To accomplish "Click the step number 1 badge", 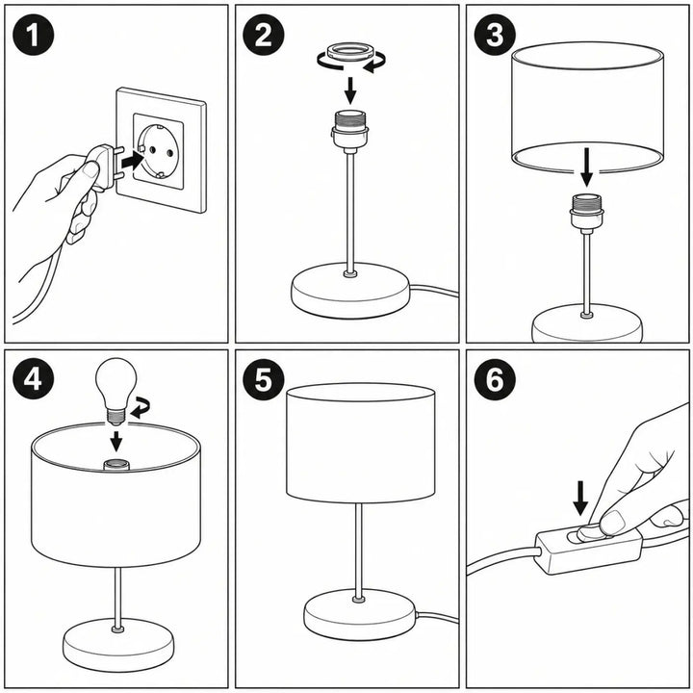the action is point(33,35).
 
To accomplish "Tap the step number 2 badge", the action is point(264,35).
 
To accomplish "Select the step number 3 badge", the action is point(495,35).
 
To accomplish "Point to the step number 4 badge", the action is point(33,379).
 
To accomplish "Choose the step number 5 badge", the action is point(264,379).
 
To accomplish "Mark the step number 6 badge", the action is point(495,379).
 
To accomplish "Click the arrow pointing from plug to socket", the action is point(133,161).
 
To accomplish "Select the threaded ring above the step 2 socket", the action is point(350,52).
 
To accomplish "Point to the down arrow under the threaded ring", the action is point(350,90).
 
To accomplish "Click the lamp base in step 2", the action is point(350,290).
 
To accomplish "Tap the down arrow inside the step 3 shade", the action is point(586,167).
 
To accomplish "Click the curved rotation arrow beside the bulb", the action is point(141,407).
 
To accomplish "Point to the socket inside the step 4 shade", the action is point(116,465).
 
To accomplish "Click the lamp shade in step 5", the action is point(360,443).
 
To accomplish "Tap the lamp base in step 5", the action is point(359,614).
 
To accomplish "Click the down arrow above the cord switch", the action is point(580,499).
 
